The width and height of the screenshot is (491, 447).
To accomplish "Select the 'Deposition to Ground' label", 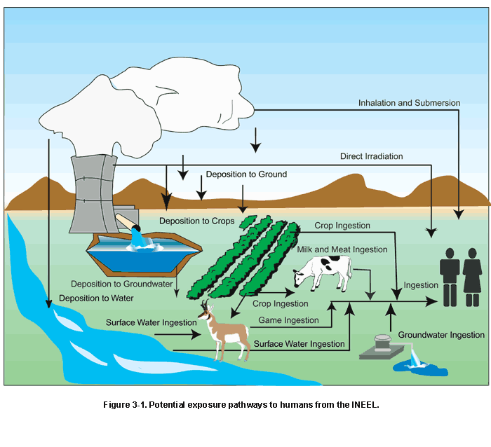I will (x=245, y=174).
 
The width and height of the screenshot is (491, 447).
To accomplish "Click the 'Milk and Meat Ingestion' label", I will (x=341, y=249).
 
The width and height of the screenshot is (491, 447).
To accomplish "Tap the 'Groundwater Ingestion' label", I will (x=441, y=335).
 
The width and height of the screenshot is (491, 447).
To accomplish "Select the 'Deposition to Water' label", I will (x=98, y=298).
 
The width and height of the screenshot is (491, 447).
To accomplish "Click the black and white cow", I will (x=322, y=272).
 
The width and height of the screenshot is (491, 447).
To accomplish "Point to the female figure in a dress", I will (x=472, y=277).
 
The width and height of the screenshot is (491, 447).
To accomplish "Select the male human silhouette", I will (x=449, y=277).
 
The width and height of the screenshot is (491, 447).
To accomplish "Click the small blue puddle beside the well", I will (x=418, y=365).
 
